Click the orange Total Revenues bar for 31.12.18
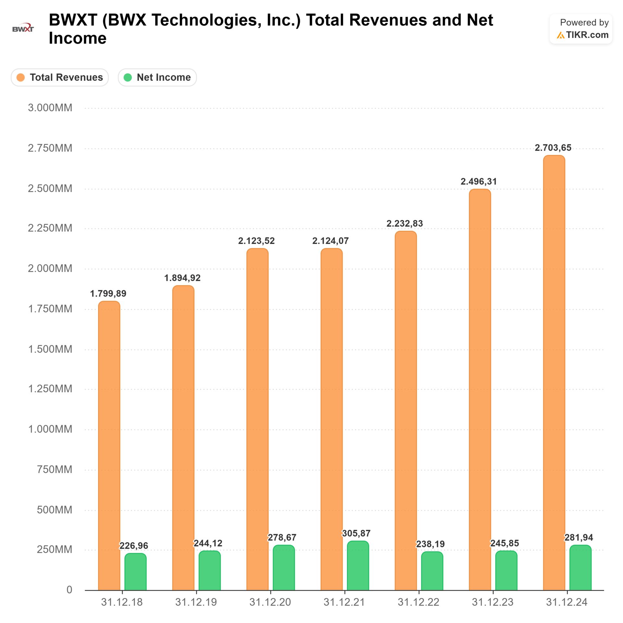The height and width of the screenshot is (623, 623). pos(109,445)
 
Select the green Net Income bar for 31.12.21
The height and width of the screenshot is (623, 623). pos(358,566)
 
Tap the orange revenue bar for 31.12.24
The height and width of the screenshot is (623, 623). pos(554,373)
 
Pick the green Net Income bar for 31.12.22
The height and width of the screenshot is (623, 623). pos(432,571)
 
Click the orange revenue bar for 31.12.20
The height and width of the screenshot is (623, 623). pos(257,419)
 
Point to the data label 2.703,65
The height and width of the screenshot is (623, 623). pos(553,148)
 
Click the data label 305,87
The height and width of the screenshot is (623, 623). pos(356,533)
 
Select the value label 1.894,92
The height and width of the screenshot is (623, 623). pos(182,278)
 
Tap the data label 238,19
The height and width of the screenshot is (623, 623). pos(430,544)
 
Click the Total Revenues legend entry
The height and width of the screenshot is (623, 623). pos(60,78)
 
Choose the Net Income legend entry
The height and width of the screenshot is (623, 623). pos(157,78)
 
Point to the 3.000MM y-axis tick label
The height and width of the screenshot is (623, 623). pos(50,108)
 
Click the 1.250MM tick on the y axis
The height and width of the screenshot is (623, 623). pos(50,389)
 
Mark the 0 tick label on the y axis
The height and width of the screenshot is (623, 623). pos(69,590)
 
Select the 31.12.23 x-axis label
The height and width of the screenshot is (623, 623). pos(493,602)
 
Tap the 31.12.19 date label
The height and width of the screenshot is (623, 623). pos(196,602)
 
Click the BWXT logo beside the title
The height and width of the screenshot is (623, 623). pos(23,28)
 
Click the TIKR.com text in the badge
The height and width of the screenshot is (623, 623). pos(587,35)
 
